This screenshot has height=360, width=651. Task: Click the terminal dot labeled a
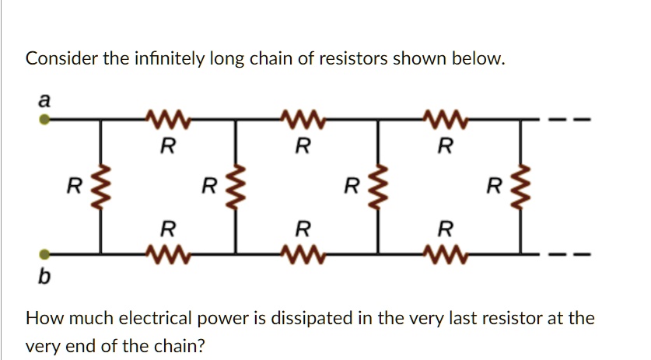point(45,121)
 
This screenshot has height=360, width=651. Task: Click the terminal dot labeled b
point(45,253)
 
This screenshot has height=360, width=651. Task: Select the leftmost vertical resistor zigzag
point(99,187)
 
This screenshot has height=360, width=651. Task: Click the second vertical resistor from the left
point(237,187)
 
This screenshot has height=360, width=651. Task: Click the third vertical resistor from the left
point(379,187)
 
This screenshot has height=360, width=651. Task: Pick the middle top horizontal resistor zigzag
point(304,120)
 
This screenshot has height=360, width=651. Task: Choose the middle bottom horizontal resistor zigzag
point(304,253)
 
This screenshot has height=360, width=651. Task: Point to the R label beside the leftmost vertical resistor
point(73,187)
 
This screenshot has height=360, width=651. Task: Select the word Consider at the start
point(57,59)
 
